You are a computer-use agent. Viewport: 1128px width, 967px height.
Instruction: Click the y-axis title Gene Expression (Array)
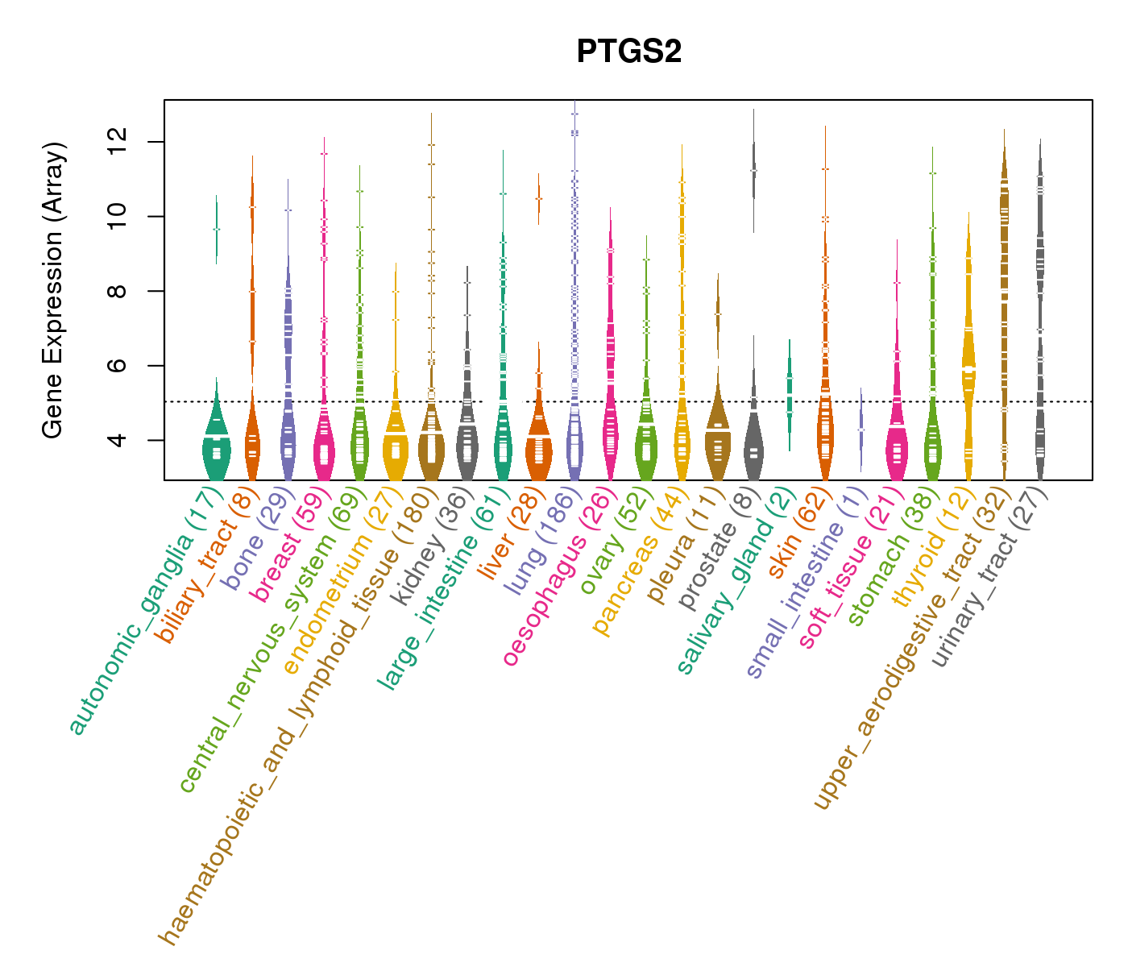[x=53, y=290]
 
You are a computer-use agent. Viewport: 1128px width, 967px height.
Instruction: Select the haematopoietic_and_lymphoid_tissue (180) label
[x=295, y=717]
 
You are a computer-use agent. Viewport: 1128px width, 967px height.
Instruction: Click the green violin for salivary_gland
[x=790, y=395]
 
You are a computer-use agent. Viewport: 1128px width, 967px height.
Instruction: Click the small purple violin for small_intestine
[x=861, y=427]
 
